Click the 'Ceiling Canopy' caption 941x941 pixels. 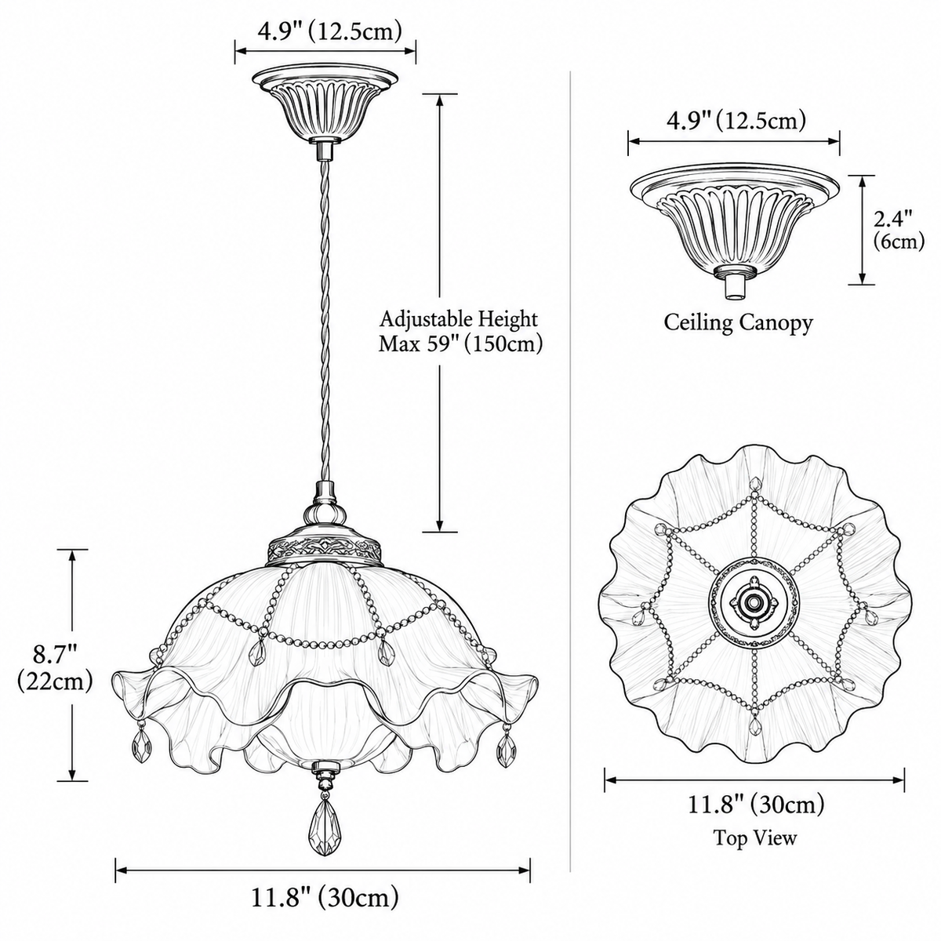point(738,323)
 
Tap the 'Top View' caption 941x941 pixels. point(754,837)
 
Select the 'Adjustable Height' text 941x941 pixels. point(459,319)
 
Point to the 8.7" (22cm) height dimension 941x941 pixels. point(54,668)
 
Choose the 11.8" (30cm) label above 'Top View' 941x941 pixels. point(755,805)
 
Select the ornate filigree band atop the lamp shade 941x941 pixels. point(324,550)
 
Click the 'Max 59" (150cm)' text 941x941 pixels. point(461,345)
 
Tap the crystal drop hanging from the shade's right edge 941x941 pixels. point(505,743)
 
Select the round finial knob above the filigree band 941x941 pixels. point(324,514)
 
